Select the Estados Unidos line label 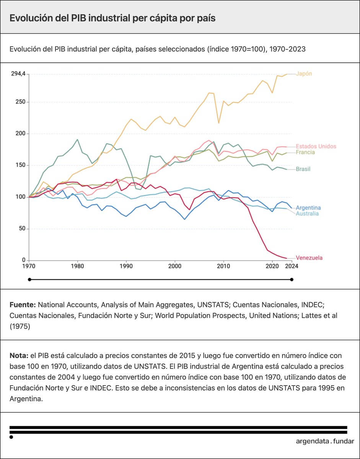coord(316,146)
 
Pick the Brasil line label coord(303,169)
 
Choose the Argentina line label coord(308,208)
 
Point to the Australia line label coord(307,213)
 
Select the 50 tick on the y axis coord(22,229)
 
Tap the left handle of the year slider coord(29,280)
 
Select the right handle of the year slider coord(292,280)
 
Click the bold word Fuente coord(23,305)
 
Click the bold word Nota coord(19,355)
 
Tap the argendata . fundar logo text coord(325,441)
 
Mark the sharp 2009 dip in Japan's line coord(218,123)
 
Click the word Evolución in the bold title coord(29,18)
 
